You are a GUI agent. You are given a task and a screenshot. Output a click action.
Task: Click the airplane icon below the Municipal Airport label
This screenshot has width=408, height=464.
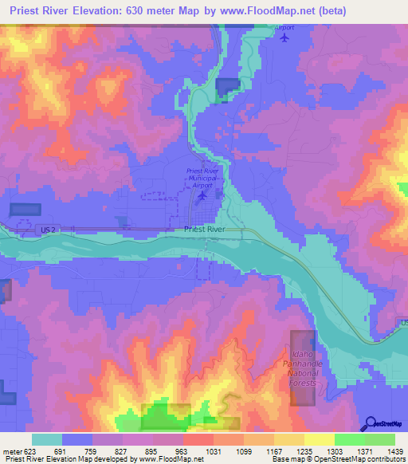click(202, 195)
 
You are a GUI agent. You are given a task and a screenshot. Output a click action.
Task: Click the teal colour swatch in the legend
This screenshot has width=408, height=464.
click(47, 439)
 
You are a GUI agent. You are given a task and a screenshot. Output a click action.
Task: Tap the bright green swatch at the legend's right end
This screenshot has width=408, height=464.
click(380, 439)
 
